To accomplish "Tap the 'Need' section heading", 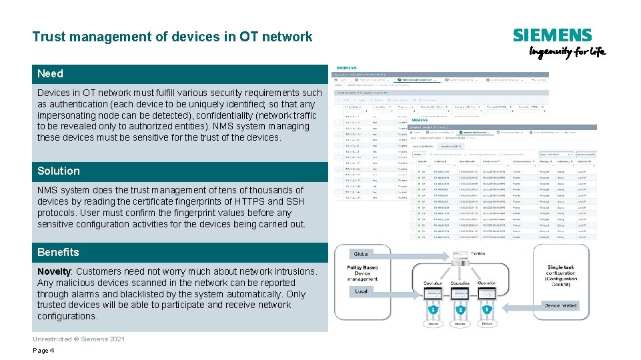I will tap(50, 73).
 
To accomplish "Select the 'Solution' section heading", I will tap(58, 171).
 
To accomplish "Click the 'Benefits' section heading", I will tap(58, 252).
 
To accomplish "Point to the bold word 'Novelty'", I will tap(54, 271).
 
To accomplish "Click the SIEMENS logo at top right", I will tap(552, 35).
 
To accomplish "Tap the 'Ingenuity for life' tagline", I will tap(567, 52).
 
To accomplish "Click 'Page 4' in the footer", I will tap(43, 351).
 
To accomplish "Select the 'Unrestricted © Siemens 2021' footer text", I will tap(78, 339).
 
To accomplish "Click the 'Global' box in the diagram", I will tap(362, 254).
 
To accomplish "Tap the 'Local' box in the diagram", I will tap(362, 291).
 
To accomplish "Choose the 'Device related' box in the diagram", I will tap(561, 305).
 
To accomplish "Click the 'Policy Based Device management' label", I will tap(362, 273).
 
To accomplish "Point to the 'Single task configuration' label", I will tap(561, 273).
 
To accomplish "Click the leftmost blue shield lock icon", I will tap(433, 310).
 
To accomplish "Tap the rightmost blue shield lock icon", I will tap(488, 310).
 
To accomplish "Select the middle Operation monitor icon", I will tap(460, 294).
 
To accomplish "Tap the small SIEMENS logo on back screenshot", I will tap(346, 68).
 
